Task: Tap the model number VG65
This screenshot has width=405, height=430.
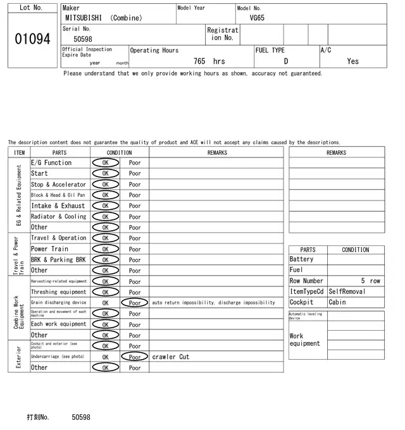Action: coord(257,18)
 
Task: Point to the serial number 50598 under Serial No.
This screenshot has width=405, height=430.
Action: coord(83,39)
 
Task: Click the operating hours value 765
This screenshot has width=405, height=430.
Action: coord(199,61)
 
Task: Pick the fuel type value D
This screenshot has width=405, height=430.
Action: coord(285,61)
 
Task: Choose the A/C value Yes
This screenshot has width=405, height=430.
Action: coord(352,61)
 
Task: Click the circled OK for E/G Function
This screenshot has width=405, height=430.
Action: coord(105,163)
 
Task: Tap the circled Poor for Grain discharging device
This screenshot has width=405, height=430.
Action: coord(135,303)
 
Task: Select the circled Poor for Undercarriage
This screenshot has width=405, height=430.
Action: coord(135,357)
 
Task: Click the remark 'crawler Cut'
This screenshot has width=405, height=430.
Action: coord(170,357)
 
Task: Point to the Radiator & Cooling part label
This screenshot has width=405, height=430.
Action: coord(58,216)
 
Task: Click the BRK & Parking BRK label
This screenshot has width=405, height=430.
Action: coord(58,260)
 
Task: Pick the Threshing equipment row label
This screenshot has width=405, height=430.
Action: coord(58,292)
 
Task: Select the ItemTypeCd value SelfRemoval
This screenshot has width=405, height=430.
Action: coord(347,292)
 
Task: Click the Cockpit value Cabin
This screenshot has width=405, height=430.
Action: coord(337,302)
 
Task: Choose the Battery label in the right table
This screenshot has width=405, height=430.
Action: coord(301,259)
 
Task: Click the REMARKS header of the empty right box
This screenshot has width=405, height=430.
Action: coord(336,152)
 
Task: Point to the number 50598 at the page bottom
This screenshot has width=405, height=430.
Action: coord(81,417)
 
